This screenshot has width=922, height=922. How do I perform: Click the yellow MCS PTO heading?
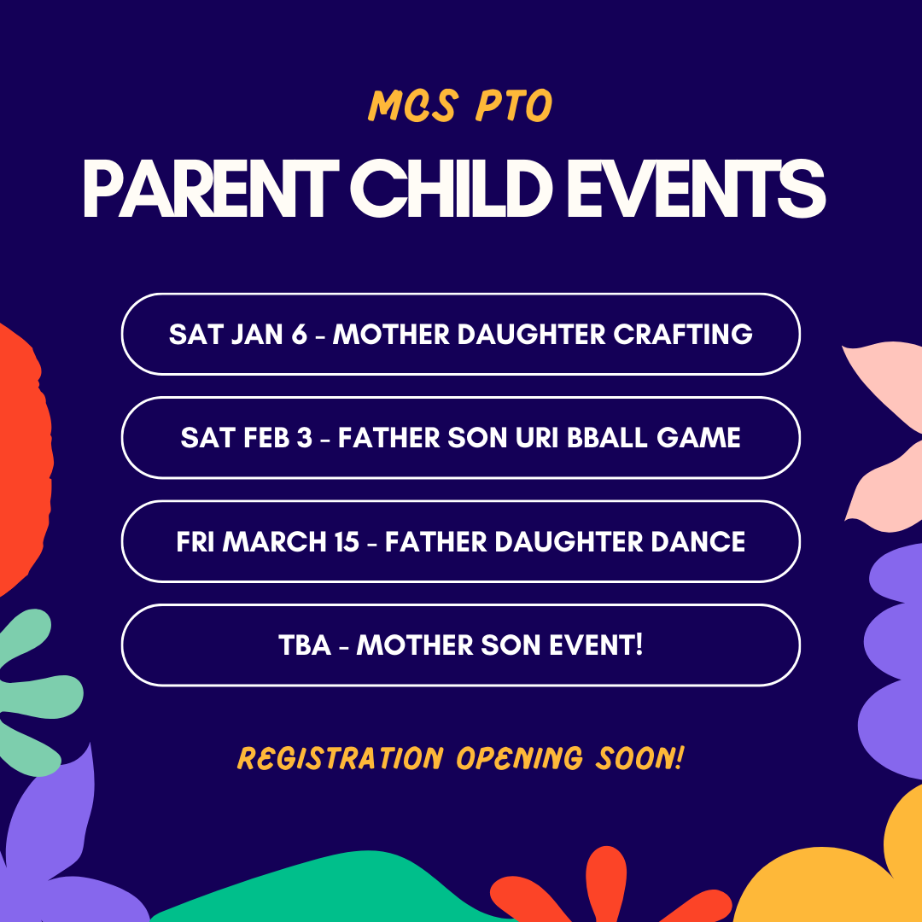tap(460, 106)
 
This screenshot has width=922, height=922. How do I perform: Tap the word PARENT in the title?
tap(211, 190)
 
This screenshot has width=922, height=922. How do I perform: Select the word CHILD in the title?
tap(451, 190)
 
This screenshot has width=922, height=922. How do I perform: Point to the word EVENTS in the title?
tap(696, 190)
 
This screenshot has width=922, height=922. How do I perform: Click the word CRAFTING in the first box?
tap(683, 334)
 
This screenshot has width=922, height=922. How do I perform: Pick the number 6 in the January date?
tap(300, 334)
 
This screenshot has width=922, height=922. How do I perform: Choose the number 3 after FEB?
tap(305, 437)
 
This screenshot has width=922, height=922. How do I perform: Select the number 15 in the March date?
tap(347, 541)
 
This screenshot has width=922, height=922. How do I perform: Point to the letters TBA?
tap(305, 645)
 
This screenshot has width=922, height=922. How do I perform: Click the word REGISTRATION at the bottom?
tap(340, 759)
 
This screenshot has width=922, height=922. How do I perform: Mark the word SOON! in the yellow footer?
tap(640, 758)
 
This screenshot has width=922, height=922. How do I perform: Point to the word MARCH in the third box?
tap(274, 541)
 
